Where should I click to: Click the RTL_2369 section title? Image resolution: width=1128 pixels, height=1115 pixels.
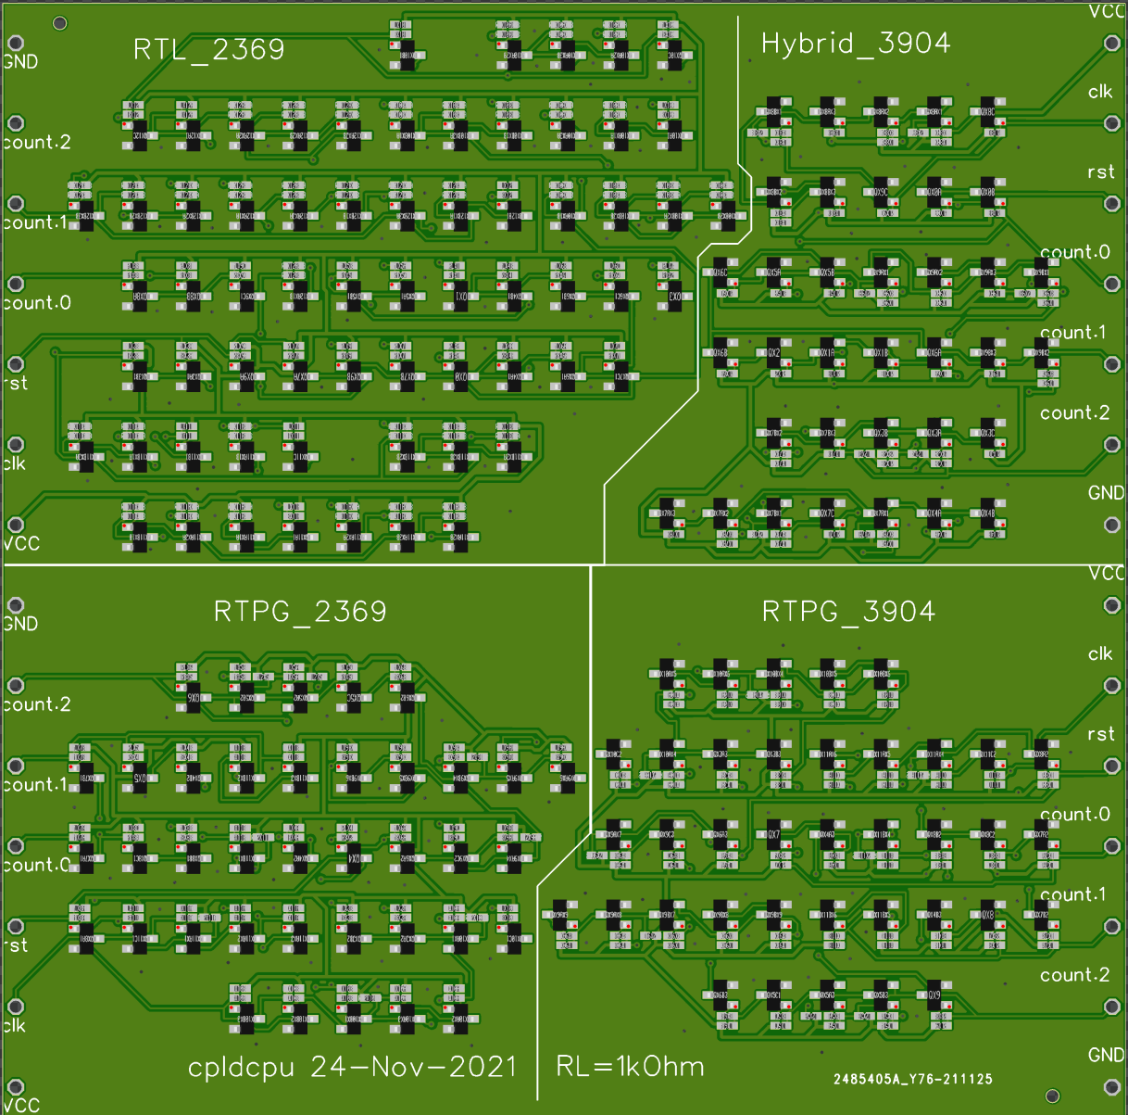coord(208,49)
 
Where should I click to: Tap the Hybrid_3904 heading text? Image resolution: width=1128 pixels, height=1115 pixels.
coord(855,44)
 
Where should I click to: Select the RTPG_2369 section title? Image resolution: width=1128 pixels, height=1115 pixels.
coord(299,612)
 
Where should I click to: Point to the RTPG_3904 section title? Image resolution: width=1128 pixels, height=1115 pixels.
coord(847,612)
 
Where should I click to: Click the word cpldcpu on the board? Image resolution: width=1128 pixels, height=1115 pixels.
coord(241,1067)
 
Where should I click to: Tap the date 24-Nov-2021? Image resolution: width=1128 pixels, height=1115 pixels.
coord(413,1067)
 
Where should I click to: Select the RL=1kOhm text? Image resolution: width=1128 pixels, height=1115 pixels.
coord(630,1067)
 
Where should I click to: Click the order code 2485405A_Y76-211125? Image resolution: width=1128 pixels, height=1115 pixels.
coord(912,1079)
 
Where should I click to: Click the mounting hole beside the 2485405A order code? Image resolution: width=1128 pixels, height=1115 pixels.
coord(1052,1096)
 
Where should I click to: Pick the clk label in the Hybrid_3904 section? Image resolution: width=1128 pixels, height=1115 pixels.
coord(1100,92)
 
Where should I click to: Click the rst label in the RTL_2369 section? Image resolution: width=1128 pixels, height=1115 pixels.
coord(16,384)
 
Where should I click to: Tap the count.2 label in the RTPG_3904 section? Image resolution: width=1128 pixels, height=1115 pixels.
coord(1074,975)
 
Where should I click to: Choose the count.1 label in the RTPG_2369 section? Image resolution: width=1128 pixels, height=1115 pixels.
coord(35,785)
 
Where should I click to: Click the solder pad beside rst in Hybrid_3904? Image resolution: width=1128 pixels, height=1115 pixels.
coord(1112,203)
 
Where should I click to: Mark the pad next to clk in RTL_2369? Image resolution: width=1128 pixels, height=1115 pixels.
coord(16,445)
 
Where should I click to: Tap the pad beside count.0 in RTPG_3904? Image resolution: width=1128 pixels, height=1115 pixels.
coord(1112,846)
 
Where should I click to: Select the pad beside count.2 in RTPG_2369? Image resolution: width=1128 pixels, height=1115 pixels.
coord(16,686)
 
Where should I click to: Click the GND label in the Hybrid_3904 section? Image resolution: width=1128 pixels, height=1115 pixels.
coord(1105,493)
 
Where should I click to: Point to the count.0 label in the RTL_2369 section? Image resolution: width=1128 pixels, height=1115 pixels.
coord(37,303)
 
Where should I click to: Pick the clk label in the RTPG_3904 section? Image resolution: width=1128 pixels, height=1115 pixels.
coord(1100,654)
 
